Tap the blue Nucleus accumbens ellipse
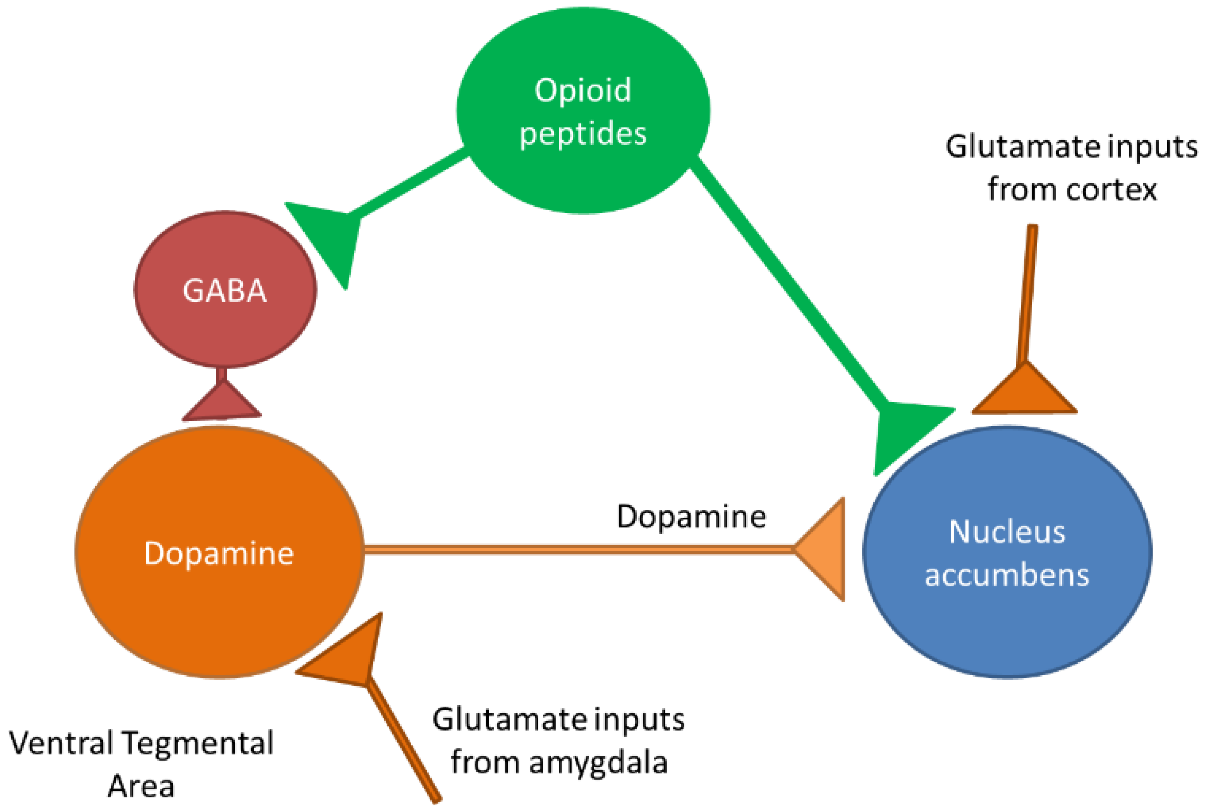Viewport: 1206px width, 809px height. coord(1007,619)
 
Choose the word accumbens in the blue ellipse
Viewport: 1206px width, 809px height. coord(1007,575)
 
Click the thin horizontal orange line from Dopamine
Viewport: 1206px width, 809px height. coord(568,550)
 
